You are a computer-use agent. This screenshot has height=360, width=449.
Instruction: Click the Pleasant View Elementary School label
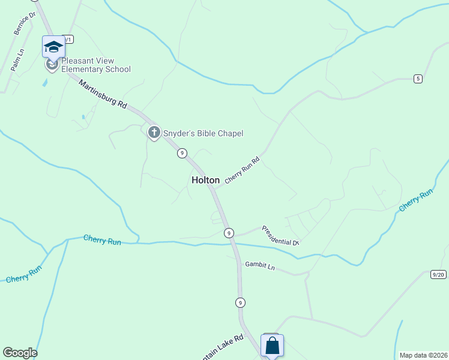click(96, 65)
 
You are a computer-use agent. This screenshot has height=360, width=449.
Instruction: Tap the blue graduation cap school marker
click(53, 47)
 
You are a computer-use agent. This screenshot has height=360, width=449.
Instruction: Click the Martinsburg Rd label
click(103, 95)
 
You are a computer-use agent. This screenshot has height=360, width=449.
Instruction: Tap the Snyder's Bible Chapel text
click(203, 133)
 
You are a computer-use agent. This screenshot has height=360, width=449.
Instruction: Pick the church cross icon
click(154, 133)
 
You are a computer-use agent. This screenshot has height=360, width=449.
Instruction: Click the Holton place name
click(205, 180)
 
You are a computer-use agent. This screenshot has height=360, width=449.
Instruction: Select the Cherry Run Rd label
click(243, 170)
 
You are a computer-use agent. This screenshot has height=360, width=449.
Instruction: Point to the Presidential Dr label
click(280, 235)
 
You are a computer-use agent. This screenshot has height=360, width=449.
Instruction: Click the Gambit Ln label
click(259, 265)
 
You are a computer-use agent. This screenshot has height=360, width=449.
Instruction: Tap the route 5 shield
click(418, 79)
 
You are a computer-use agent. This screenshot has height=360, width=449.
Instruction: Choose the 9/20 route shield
click(439, 275)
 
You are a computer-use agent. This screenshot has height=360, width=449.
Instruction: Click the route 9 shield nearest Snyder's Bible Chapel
click(181, 154)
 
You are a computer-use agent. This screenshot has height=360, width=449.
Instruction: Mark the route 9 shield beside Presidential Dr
click(228, 232)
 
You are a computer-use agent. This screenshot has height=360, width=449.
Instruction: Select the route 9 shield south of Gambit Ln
click(240, 302)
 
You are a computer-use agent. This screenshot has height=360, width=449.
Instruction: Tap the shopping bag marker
click(272, 346)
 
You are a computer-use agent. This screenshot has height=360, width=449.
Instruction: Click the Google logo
click(20, 353)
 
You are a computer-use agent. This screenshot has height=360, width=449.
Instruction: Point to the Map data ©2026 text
click(423, 355)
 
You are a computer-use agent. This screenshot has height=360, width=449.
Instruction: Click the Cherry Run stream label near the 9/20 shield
click(416, 200)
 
